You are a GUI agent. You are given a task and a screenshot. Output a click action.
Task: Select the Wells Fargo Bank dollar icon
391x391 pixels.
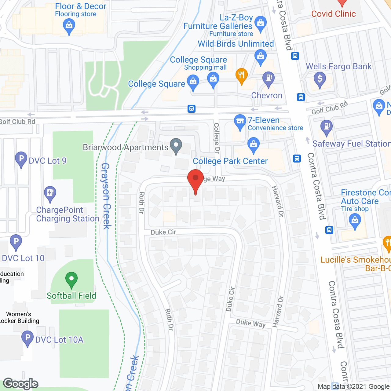[x=320, y=79]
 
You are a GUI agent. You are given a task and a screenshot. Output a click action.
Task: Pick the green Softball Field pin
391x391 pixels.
[x=71, y=279]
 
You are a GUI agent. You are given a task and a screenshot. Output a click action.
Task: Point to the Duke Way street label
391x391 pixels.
[x=251, y=323]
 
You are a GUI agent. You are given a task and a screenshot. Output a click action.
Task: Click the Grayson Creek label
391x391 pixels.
[x=106, y=196]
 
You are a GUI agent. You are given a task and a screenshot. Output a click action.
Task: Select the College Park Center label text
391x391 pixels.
[x=230, y=161]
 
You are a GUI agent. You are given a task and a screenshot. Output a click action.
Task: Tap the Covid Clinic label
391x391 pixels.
[x=333, y=14]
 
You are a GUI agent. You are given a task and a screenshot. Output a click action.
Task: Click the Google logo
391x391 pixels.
[x=21, y=383]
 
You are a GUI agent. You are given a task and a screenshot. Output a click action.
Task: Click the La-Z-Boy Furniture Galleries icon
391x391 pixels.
[x=261, y=23]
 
